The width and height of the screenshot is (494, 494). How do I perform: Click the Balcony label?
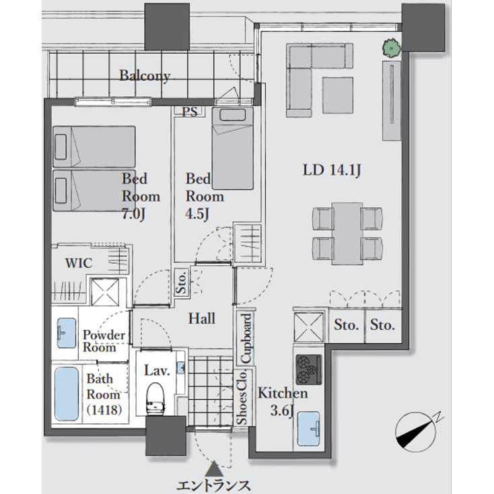(x=145, y=76)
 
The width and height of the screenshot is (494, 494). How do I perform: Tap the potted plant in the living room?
(x=390, y=48)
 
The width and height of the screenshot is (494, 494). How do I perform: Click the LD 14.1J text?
(x=332, y=170)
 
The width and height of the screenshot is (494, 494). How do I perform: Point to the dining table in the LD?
(x=348, y=233)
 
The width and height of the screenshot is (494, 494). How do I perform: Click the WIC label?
(x=79, y=262)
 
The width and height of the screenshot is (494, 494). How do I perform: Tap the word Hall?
(x=201, y=318)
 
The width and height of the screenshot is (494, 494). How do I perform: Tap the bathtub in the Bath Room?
(x=67, y=394)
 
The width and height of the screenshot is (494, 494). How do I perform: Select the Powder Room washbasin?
(x=65, y=332)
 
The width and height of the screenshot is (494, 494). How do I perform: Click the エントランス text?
(x=213, y=485)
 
